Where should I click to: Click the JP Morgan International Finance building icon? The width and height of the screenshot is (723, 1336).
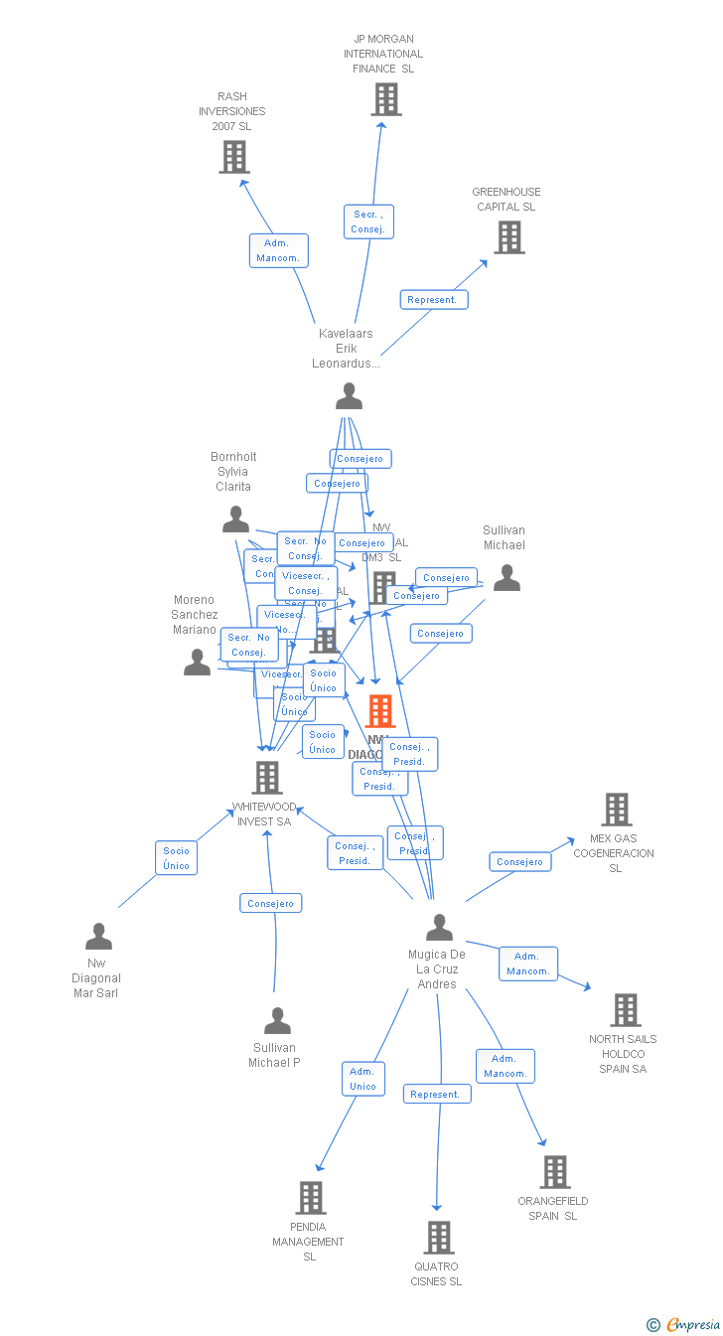(386, 99)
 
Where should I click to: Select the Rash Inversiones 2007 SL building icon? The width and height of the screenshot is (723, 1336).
(234, 157)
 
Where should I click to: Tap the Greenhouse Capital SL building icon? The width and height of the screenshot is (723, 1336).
(509, 237)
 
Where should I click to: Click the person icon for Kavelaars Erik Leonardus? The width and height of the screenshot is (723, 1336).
(349, 396)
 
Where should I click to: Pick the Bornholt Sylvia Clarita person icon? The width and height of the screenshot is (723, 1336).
(235, 519)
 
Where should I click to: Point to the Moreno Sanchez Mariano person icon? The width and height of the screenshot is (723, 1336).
(198, 662)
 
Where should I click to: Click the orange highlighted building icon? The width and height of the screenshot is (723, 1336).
(380, 711)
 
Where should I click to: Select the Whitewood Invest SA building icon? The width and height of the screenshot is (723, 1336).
(267, 778)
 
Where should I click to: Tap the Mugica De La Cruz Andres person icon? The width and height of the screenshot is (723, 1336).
(439, 928)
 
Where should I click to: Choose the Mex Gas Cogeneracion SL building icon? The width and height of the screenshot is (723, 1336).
(617, 810)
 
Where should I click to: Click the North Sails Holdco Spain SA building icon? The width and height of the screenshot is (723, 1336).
(626, 1010)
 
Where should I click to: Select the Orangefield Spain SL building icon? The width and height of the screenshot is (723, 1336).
(555, 1172)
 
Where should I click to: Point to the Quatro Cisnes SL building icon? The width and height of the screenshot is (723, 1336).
(439, 1238)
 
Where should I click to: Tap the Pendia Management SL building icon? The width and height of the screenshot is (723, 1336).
(311, 1198)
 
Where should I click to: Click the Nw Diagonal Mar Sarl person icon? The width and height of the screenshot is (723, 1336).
(98, 937)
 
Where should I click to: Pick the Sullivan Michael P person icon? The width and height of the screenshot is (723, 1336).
(277, 1021)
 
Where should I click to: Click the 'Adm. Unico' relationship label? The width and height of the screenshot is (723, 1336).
(363, 1079)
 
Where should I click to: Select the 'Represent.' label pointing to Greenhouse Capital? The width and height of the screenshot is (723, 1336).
(434, 299)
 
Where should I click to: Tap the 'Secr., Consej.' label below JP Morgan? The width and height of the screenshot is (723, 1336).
(368, 222)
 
